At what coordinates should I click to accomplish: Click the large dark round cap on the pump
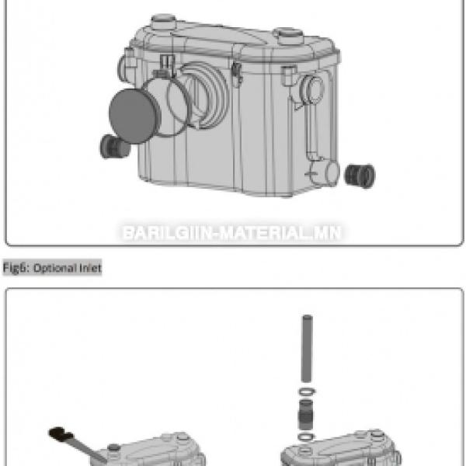click(x=133, y=116)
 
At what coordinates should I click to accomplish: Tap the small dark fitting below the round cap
click(x=114, y=146)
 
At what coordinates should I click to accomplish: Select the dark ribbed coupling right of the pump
click(x=360, y=176)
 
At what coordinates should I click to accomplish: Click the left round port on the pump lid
click(x=163, y=22)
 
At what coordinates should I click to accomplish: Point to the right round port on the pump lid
click(x=288, y=36)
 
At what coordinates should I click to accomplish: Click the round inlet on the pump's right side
click(x=313, y=89)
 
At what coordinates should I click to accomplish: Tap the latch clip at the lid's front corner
click(x=237, y=75)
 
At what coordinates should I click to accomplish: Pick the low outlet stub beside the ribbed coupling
click(x=325, y=173)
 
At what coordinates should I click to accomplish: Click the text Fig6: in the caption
click(x=16, y=268)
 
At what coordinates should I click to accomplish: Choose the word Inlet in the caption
click(x=90, y=268)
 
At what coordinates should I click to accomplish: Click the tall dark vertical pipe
click(x=307, y=348)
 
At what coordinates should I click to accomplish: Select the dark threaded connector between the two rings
click(x=305, y=414)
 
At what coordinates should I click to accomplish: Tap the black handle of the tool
click(x=61, y=434)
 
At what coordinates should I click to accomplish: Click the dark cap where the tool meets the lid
click(x=114, y=447)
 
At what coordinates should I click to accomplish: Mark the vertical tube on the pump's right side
click(x=310, y=130)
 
